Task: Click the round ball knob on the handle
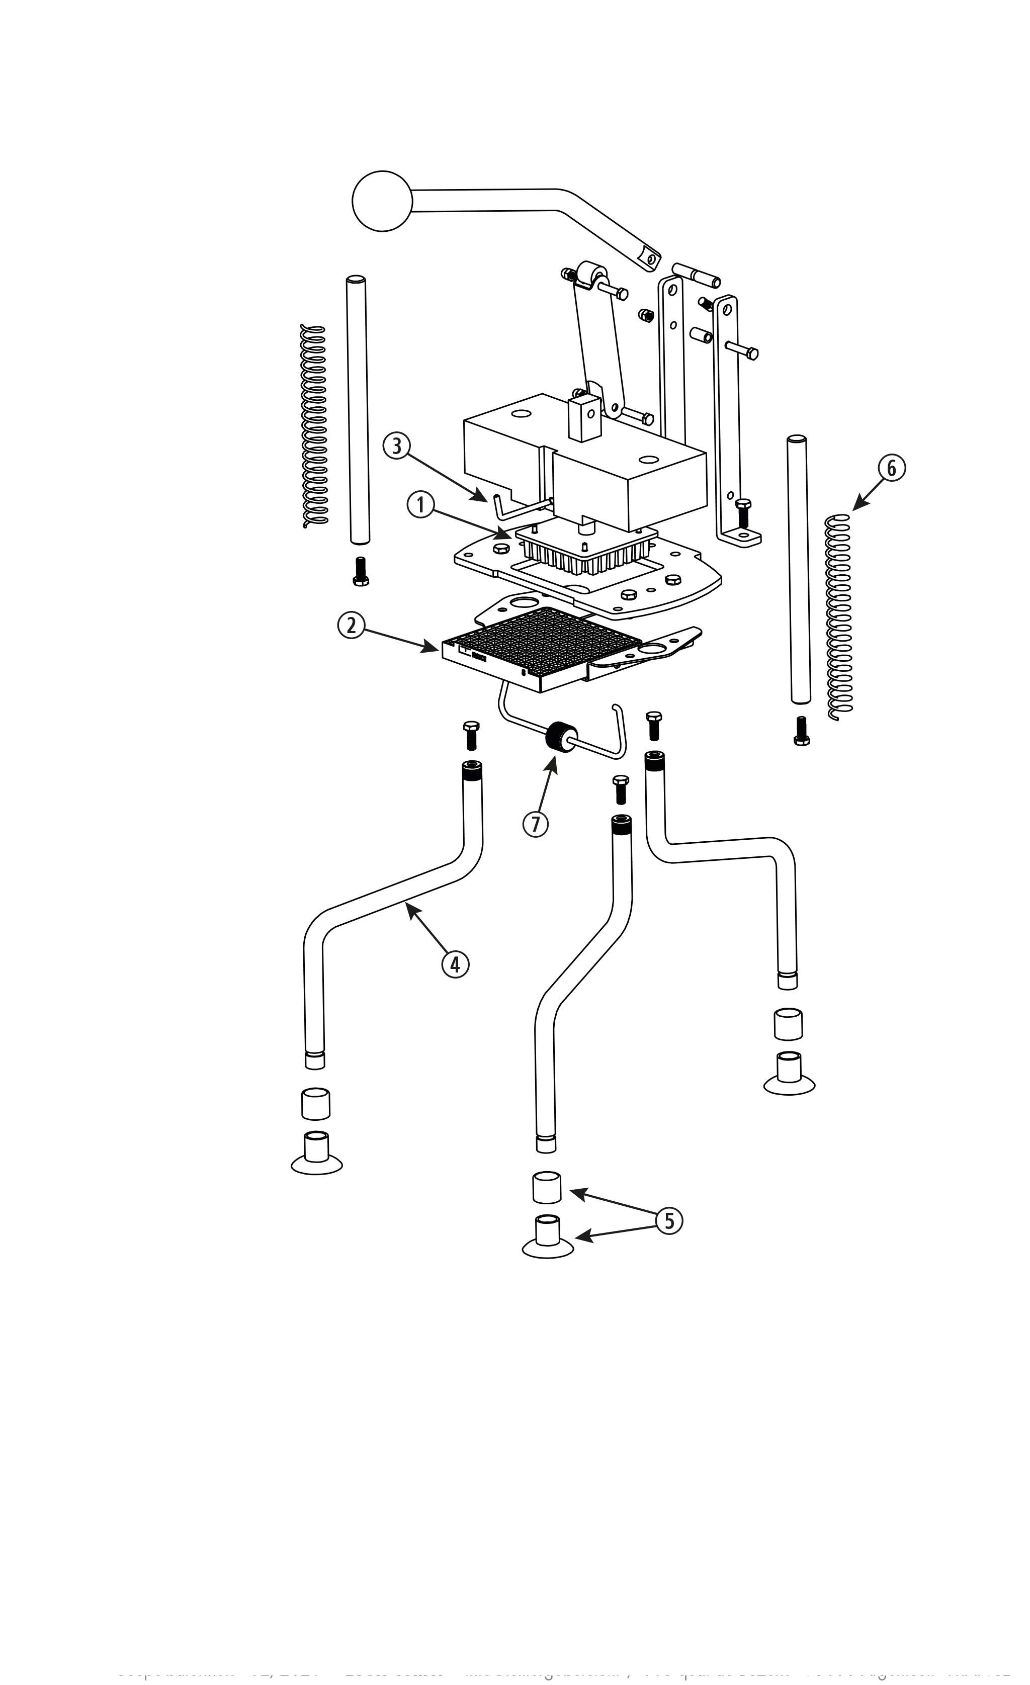382,200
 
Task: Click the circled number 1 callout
420,506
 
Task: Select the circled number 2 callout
351,625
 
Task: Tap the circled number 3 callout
396,446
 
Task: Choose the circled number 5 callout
669,1221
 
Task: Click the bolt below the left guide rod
361,571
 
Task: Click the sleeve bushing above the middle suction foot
547,1187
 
